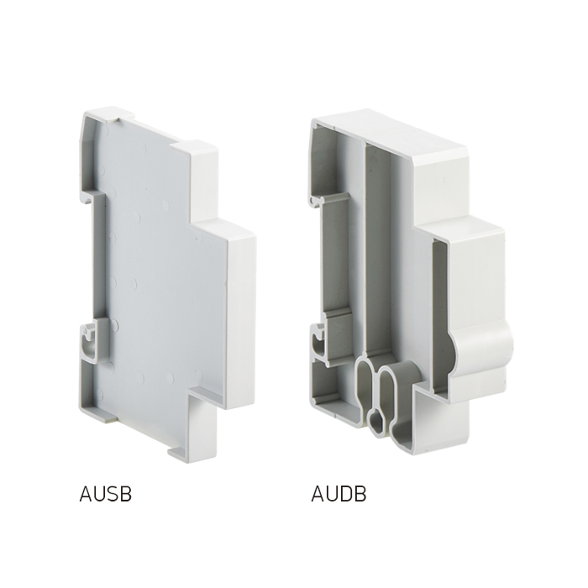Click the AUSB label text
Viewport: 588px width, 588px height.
point(105,494)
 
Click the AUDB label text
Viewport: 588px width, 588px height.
point(339,494)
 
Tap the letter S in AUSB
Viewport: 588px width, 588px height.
point(112,494)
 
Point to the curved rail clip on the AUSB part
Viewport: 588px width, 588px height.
point(87,340)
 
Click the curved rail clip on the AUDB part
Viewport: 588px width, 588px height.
point(318,340)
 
